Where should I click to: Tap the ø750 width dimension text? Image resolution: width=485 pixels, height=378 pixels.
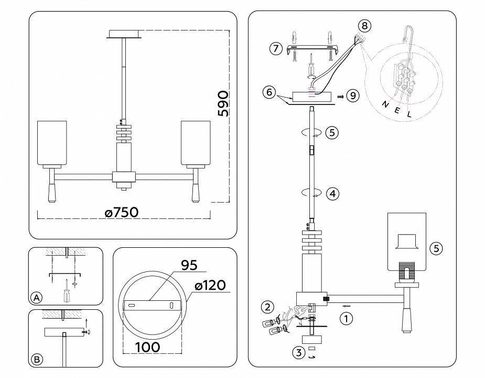pos(121,212)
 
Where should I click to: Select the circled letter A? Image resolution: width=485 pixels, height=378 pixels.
pos(36,298)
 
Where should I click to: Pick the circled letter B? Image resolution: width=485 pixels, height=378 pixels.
pos(36,359)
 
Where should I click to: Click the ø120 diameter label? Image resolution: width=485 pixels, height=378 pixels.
pos(209,285)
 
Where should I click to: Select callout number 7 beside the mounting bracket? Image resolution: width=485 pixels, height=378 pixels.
pos(275,49)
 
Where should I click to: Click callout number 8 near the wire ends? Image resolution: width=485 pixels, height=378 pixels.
pos(365,25)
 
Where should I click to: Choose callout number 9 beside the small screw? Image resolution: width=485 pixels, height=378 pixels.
pos(353,96)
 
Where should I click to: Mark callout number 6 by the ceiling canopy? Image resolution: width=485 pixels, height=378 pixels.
pos(269,92)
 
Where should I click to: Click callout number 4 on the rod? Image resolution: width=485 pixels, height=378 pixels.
pos(332,194)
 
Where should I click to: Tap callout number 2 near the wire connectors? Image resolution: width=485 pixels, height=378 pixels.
pos(268,307)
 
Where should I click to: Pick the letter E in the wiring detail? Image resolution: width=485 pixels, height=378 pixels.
pos(396,109)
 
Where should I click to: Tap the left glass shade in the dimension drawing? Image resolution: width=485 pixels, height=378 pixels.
pos(52,143)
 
